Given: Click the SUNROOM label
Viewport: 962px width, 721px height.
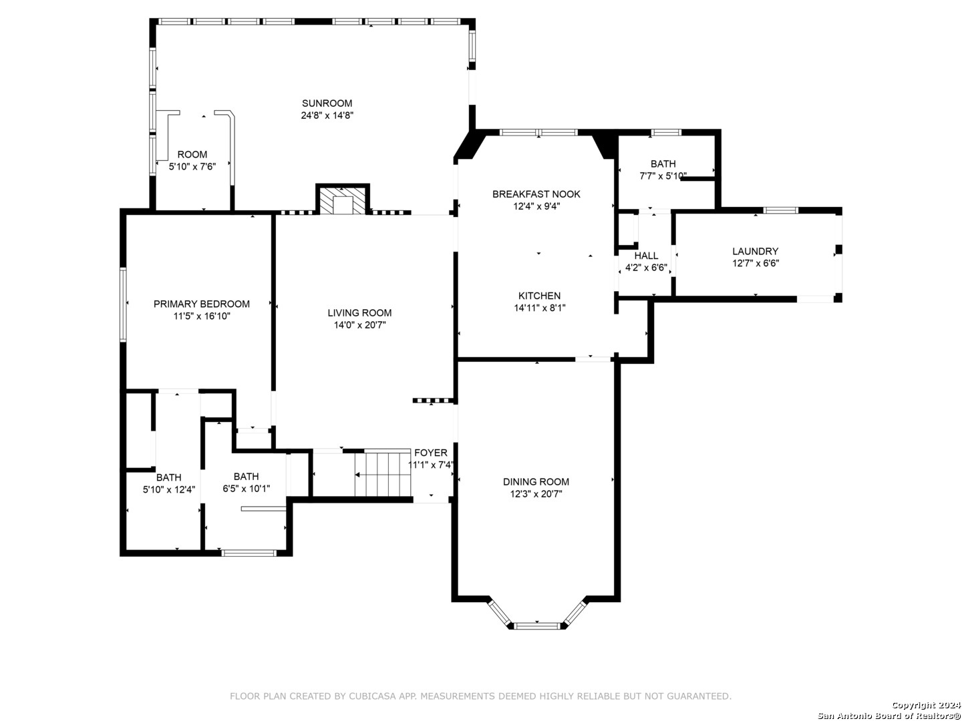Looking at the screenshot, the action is [327, 103].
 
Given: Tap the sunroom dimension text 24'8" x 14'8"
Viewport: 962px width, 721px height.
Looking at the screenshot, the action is [327, 115].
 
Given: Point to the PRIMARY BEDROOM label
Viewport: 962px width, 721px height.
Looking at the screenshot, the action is [201, 304].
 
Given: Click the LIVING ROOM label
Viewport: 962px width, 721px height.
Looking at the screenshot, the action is [359, 312].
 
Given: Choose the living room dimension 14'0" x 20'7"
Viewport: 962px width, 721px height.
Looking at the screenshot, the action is [359, 325].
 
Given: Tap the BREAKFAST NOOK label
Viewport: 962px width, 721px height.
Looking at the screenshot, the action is [536, 194].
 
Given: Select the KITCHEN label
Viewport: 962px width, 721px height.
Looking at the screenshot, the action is [539, 296].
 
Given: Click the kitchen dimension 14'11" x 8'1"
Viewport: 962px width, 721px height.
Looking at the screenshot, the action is [539, 308].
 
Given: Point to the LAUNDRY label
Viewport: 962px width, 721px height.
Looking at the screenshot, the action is [755, 251].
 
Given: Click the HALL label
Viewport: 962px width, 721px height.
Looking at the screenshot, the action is [645, 256].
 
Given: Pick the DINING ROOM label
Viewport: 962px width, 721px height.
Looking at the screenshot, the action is [536, 481].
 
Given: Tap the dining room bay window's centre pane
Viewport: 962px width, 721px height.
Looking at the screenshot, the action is [536, 626].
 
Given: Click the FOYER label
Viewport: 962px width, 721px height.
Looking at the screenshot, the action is [430, 453].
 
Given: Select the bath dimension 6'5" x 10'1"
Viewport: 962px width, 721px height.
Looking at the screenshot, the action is [246, 489].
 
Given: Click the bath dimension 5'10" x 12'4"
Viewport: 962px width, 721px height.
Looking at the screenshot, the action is [169, 489].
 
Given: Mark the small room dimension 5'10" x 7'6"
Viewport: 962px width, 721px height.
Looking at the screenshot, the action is [192, 166].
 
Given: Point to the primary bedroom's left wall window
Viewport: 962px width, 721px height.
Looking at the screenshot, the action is [123, 304].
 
